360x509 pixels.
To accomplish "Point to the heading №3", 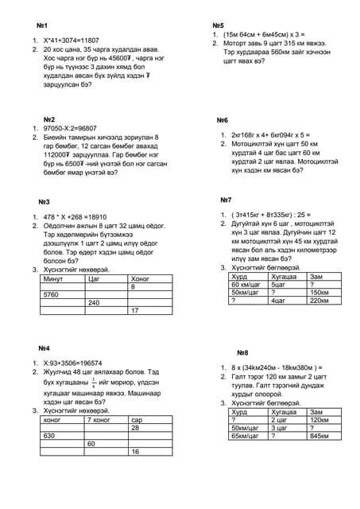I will coord(45,202).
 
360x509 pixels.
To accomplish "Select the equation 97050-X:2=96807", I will coord(74,128).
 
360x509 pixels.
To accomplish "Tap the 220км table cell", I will coord(319,301).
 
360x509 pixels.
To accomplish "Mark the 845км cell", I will coord(319,436).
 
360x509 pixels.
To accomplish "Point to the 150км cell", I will coord(319,292).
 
